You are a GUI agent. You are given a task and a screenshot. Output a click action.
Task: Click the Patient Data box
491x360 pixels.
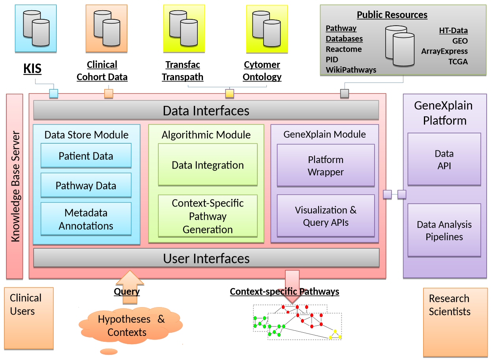(x=86, y=156)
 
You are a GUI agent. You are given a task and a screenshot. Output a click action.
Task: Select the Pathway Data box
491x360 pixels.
(x=86, y=185)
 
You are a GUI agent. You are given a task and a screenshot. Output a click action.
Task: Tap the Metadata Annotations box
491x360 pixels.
(x=86, y=219)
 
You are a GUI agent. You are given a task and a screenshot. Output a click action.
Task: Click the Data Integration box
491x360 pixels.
(x=208, y=165)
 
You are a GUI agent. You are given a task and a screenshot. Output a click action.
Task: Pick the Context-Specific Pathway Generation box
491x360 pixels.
(x=208, y=216)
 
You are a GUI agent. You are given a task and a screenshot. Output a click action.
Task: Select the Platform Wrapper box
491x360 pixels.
(x=326, y=165)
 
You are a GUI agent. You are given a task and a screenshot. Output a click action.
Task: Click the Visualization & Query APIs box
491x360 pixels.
(x=326, y=216)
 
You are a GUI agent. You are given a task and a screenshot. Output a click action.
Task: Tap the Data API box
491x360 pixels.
(x=444, y=159)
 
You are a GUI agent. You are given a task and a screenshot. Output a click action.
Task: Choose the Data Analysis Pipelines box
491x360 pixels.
(x=444, y=230)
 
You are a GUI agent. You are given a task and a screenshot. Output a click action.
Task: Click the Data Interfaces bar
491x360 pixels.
(x=206, y=110)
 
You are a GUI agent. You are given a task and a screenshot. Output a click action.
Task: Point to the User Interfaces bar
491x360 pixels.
(x=206, y=258)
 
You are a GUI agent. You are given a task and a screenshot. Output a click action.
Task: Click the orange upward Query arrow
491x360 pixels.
(x=130, y=287)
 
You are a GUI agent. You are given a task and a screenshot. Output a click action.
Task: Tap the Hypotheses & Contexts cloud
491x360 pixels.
(x=131, y=326)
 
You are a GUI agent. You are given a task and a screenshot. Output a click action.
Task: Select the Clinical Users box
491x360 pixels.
(x=29, y=318)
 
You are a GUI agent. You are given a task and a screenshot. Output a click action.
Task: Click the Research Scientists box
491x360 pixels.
(x=455, y=322)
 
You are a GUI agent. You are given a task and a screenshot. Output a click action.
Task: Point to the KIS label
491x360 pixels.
(x=32, y=68)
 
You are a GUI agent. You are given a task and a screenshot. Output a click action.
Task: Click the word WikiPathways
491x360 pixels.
(x=351, y=70)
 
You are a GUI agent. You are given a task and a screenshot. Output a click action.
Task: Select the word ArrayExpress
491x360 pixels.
(x=444, y=51)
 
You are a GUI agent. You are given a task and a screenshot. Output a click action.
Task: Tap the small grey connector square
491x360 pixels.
(x=344, y=94)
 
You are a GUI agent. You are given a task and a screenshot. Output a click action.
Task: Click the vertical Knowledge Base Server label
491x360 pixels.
(x=15, y=186)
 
